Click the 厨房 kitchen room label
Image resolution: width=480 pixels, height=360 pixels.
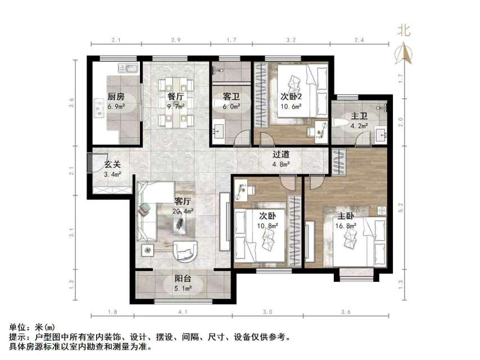116,96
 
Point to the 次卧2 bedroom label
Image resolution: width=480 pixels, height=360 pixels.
291,96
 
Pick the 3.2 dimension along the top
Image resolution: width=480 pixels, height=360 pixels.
291,41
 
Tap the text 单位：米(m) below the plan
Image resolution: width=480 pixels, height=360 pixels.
33,327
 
